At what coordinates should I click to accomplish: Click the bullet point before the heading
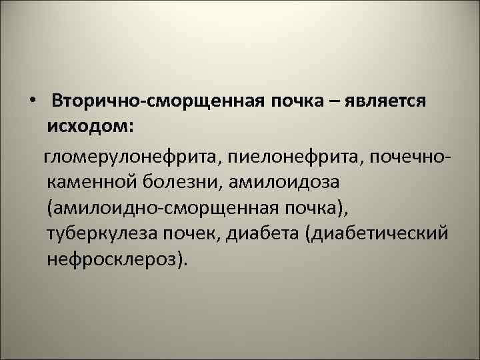click(33, 104)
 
